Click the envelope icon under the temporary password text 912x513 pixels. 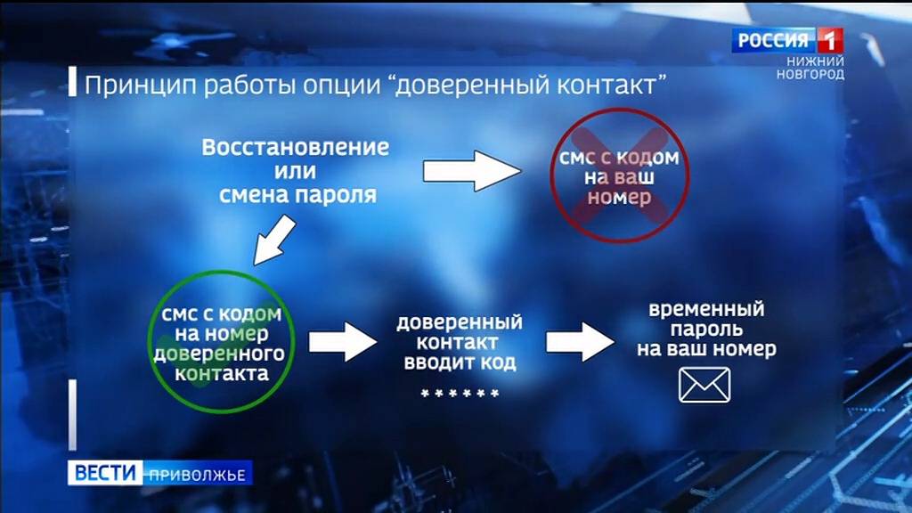pos(704,385)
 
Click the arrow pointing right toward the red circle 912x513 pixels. pos(470,170)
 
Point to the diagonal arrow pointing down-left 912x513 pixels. pos(274,240)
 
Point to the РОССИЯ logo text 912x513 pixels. pos(772,40)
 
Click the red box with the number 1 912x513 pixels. pos(829,40)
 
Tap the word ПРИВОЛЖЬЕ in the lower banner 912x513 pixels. pos(197,474)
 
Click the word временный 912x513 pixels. pos(706,310)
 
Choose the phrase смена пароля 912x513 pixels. pos(297,193)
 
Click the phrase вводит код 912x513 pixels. pos(460,363)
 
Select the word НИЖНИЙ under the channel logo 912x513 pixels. pos(815,61)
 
